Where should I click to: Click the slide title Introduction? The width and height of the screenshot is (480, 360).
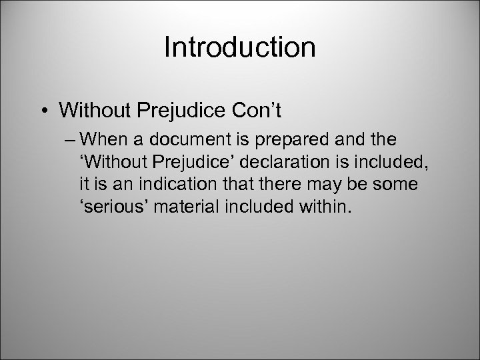pyautogui.click(x=240, y=47)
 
